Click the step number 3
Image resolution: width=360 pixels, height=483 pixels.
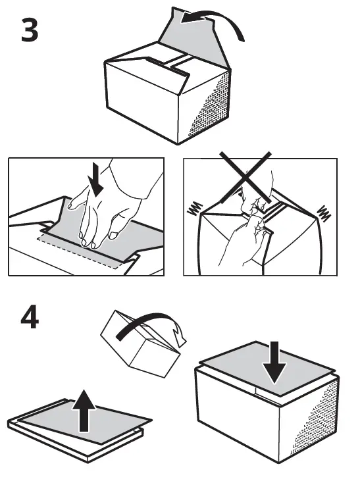coord(29,31)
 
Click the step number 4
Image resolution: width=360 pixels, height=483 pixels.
coord(29,319)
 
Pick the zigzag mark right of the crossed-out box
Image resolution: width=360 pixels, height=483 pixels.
coord(324,212)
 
